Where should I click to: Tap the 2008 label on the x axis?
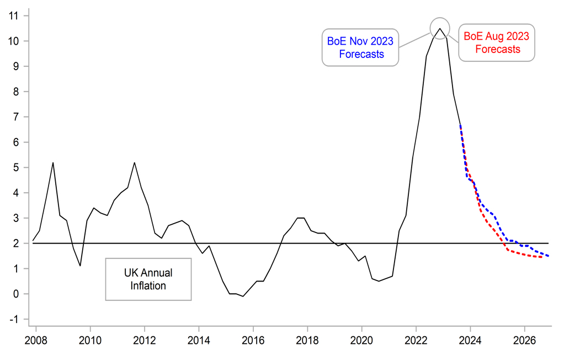click(36, 338)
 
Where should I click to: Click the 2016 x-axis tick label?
click(253, 338)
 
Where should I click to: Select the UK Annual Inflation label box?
click(148, 279)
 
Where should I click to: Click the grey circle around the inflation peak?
click(440, 28)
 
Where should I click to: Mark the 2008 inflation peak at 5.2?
click(53, 162)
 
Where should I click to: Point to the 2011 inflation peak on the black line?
click(135, 162)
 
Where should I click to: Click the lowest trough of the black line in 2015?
click(243, 297)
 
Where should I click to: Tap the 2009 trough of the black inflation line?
click(80, 266)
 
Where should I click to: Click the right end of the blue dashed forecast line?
click(548, 256)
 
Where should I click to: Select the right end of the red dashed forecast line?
click(542, 257)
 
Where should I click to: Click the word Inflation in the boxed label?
click(148, 285)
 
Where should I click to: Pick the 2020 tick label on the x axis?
click(361, 338)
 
